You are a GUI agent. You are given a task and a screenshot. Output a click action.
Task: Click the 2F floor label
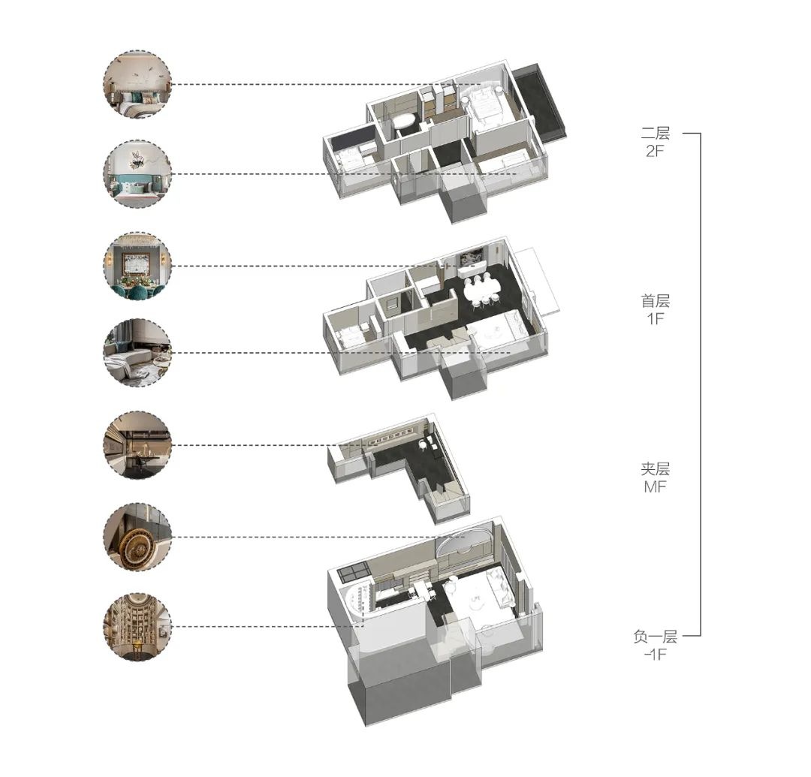coord(655,152)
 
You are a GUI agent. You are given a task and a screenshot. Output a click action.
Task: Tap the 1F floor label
coord(656,318)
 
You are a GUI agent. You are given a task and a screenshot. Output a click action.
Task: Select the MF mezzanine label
coord(655,486)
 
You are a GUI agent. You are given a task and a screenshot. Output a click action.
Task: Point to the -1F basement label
coord(655,654)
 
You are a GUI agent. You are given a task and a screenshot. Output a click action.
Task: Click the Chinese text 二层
coord(656,133)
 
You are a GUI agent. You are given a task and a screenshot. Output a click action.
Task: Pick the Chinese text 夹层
coord(656,468)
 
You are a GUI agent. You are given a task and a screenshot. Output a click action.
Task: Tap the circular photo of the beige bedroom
coord(137,84)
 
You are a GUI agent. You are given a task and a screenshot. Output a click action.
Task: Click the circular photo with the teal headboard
coord(137,173)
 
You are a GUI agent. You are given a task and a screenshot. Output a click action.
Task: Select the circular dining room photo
coord(137,266)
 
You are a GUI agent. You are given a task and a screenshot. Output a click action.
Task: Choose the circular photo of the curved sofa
coord(137,353)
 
